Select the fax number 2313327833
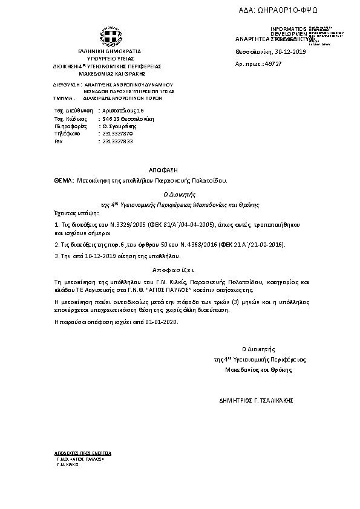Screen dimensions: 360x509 pos(117,141)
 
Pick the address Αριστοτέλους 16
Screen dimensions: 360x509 pos(123,111)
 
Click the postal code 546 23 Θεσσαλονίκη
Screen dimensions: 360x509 pos(125,119)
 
